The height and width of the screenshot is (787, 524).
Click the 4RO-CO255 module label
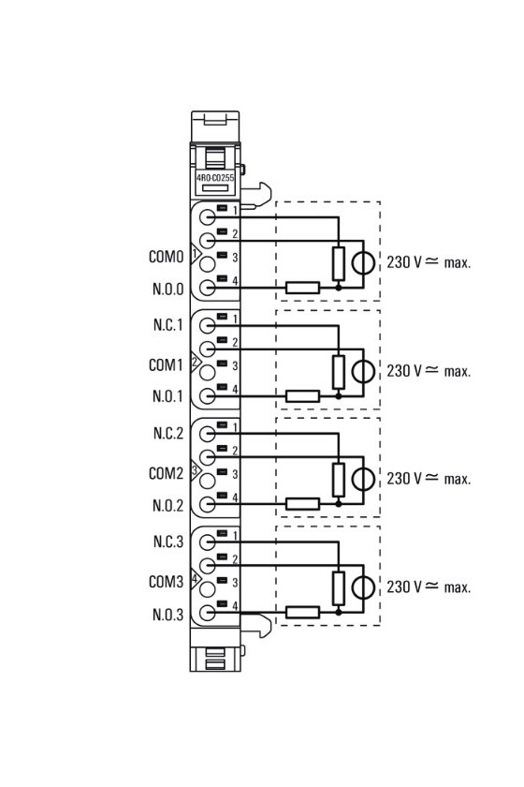[215, 178]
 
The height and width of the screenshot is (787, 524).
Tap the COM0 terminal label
[167, 257]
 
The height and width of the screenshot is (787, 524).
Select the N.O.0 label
[168, 290]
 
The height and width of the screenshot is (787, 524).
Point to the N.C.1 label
[168, 325]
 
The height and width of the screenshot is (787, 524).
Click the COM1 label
[166, 364]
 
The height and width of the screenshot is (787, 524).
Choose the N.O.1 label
[168, 396]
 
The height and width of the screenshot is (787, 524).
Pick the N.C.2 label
[168, 433]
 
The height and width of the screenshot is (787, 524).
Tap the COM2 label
[167, 473]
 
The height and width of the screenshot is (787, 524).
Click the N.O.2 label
[168, 505]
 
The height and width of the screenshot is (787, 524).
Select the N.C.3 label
[168, 542]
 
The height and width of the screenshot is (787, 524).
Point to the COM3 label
[167, 582]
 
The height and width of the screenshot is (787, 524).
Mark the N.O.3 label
[168, 615]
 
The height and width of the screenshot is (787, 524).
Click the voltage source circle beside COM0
[363, 262]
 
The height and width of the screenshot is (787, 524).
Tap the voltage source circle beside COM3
[363, 587]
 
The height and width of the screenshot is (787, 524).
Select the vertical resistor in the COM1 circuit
[339, 372]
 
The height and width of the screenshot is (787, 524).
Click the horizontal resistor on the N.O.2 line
[303, 504]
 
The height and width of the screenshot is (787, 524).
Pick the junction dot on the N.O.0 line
[339, 288]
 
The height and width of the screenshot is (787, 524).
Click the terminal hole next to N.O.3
[207, 613]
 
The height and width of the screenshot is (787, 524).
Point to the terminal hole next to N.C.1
[207, 326]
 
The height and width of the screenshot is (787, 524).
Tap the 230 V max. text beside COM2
[429, 479]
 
